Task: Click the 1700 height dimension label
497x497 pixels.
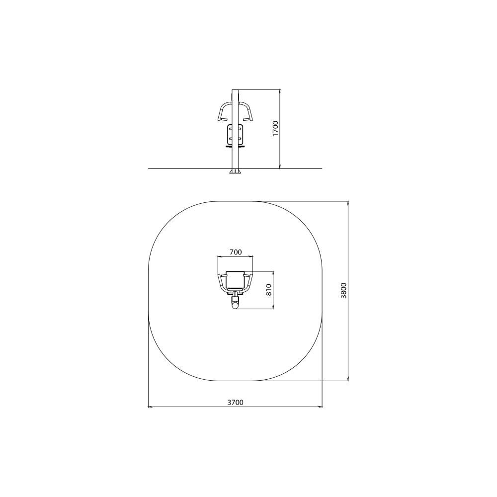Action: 275,128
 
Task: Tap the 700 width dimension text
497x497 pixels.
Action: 236,252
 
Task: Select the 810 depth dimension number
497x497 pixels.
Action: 269,290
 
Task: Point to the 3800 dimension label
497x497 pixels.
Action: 344,290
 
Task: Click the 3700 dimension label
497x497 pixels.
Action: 235,402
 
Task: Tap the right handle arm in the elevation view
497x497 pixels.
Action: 246,111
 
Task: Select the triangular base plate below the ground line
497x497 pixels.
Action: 235,171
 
